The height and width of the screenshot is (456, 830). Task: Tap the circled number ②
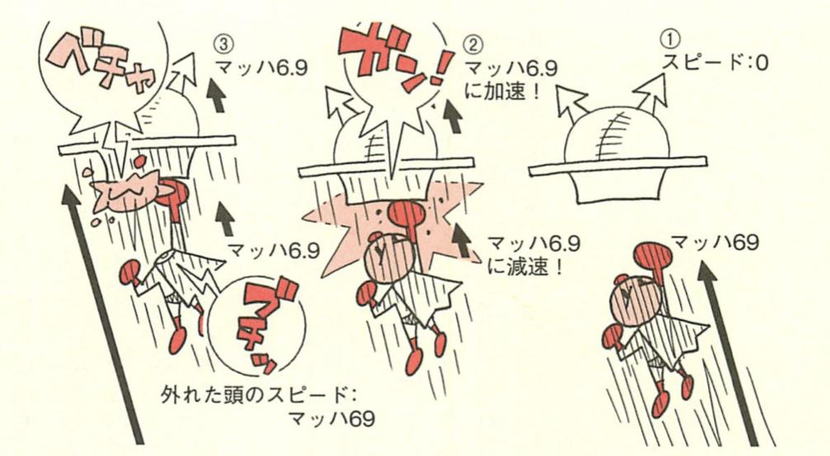[x=473, y=41]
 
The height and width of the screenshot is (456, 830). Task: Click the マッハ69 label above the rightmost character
[x=714, y=242]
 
